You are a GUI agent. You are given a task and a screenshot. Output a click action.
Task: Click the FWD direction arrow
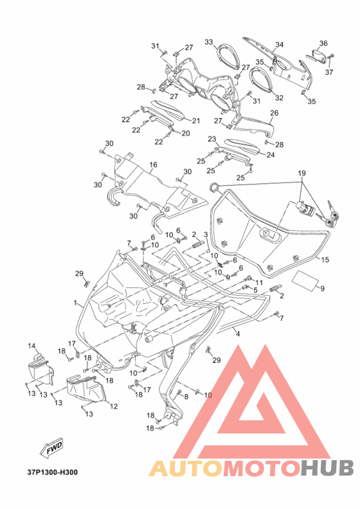click(x=51, y=449)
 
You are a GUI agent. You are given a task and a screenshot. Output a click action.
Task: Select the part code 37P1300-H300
click(x=53, y=472)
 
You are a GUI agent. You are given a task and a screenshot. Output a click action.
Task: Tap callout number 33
click(x=209, y=42)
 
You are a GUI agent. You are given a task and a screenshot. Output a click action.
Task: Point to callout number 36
click(x=323, y=43)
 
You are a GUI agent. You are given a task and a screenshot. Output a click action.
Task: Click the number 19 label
click(x=302, y=173)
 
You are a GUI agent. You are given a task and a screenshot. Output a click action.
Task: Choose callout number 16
click(x=153, y=165)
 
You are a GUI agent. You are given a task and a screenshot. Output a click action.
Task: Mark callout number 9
click(x=322, y=289)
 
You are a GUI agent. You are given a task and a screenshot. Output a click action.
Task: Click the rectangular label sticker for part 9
click(x=305, y=280)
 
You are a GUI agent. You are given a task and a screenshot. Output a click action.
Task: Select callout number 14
click(x=32, y=346)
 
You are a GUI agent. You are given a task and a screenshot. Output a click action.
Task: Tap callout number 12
click(x=114, y=406)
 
